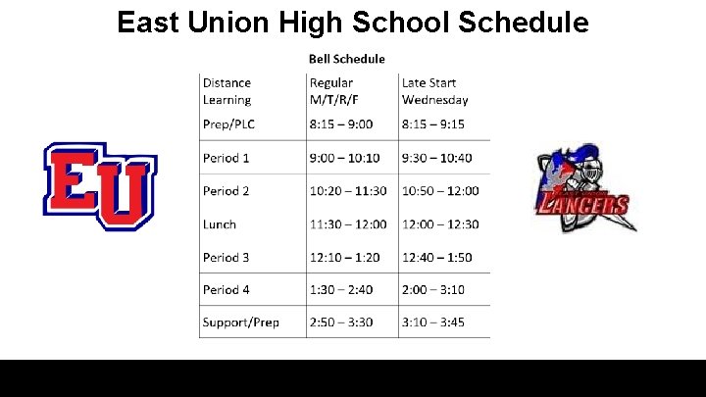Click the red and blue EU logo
click(99, 185)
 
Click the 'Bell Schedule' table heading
click(347, 59)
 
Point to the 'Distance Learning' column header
click(227, 91)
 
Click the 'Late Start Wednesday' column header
click(434, 91)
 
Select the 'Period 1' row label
click(226, 158)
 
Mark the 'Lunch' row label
click(220, 224)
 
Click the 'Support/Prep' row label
click(240, 323)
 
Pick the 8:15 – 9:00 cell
click(340, 124)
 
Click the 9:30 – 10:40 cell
click(436, 158)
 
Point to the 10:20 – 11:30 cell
click(348, 191)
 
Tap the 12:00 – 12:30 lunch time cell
click(440, 224)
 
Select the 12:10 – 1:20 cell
click(344, 257)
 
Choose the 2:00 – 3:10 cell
click(432, 290)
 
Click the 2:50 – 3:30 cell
click(340, 323)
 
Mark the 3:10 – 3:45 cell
click(432, 323)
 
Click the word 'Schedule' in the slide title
click(522, 22)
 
